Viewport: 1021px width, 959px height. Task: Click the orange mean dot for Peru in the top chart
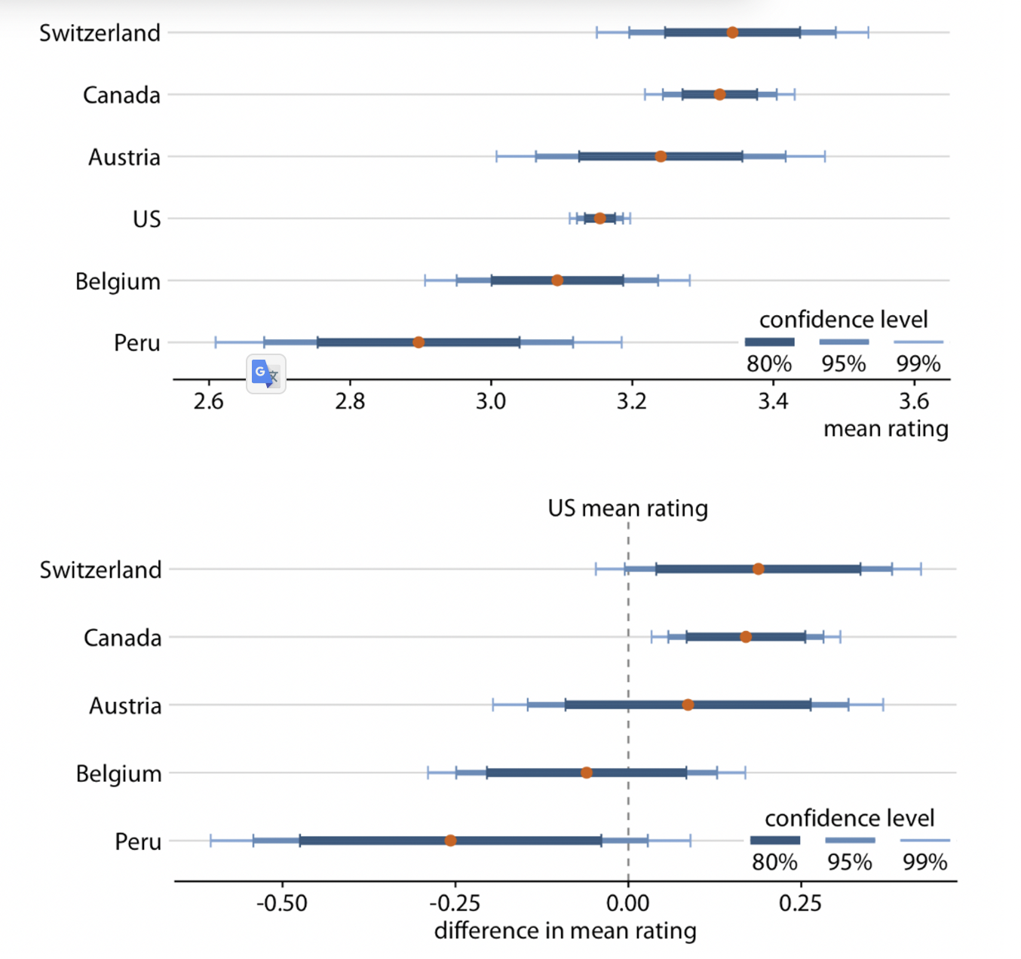click(419, 342)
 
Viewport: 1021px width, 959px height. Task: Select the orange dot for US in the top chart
click(599, 219)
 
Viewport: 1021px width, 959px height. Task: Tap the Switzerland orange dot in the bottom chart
click(758, 568)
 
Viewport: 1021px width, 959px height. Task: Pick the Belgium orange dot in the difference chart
click(587, 773)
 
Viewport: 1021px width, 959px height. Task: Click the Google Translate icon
click(265, 374)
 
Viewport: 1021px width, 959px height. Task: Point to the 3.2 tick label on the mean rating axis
click(631, 402)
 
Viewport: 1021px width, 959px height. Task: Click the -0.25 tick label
click(455, 902)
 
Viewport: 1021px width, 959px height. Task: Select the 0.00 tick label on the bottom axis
click(627, 902)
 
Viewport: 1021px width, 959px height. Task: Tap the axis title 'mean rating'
click(885, 429)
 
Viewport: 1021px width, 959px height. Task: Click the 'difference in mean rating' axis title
click(565, 931)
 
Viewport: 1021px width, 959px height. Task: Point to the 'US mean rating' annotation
click(627, 508)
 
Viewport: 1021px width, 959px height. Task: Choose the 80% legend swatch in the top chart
click(769, 342)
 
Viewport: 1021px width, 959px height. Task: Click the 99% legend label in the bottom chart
click(924, 862)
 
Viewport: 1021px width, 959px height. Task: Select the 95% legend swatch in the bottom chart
click(850, 840)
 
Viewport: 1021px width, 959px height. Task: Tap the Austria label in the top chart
click(124, 158)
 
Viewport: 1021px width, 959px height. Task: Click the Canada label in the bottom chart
click(122, 639)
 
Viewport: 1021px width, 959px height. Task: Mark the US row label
click(146, 219)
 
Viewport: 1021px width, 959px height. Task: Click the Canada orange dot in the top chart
click(719, 95)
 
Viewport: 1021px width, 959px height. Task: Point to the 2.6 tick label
click(208, 402)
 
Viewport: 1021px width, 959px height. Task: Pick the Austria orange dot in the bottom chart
click(688, 705)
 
